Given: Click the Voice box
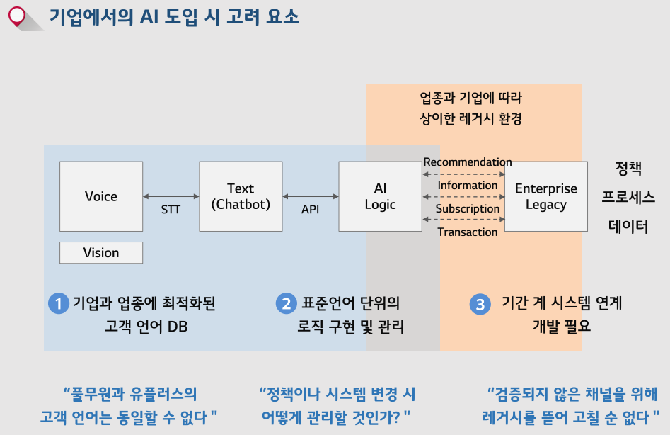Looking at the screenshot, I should coord(101,196).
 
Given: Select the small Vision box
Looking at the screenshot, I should coord(101,253).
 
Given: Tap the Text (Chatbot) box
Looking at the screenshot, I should coord(241,196).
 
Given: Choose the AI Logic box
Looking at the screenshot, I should coord(380,196).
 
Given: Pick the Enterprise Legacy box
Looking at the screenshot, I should coord(545,196).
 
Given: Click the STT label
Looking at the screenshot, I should coord(171,210).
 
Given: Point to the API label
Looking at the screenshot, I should coord(310,210).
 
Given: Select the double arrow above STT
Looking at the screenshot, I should coord(171,196).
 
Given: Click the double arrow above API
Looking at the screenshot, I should coord(310,196).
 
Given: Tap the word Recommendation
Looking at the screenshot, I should coord(468,162).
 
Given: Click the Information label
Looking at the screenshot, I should coord(468,186).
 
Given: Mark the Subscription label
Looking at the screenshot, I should coord(468,209).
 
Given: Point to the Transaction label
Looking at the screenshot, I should coord(468,232).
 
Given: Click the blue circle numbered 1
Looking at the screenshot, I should coord(58,304).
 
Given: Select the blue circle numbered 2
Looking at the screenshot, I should coord(287,304).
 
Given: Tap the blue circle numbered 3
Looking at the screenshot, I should coord(480,305).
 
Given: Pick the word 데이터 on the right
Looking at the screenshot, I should coord(628,227).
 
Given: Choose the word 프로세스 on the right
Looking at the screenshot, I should coord(628,198).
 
